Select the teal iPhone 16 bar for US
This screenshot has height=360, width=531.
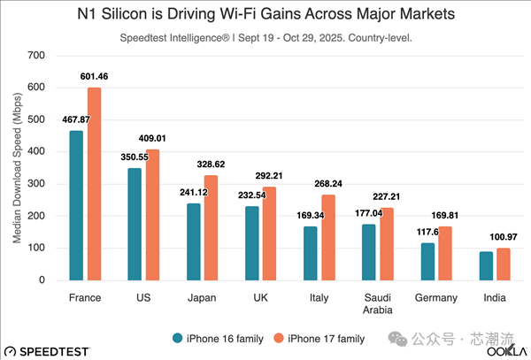coord(135,224)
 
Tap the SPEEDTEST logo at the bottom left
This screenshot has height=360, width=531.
coord(46,350)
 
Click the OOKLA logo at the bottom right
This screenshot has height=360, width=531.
coord(504,350)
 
